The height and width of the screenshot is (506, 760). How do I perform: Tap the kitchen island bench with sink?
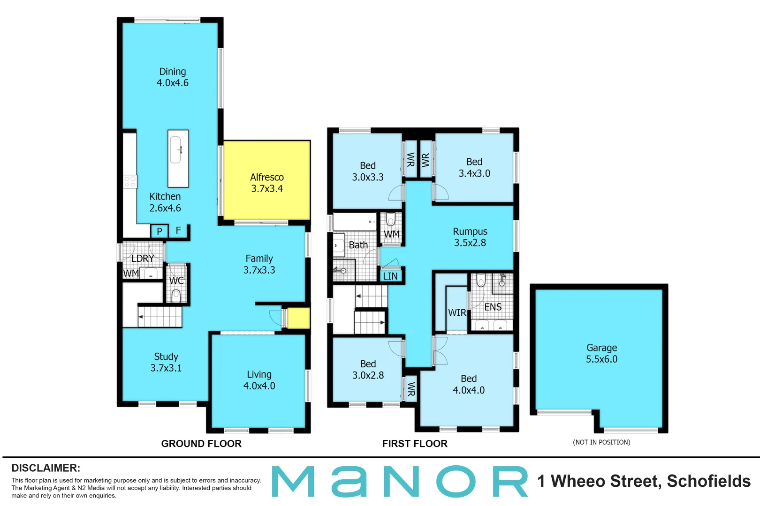pos(178,158)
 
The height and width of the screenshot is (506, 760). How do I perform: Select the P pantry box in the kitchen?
pos(160,231)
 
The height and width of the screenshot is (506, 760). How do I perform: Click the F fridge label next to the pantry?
pos(178,231)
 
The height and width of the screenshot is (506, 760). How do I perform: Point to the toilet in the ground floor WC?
pos(176,295)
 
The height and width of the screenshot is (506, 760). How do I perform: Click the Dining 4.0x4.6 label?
pos(173,77)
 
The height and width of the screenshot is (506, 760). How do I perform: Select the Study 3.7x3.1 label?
pos(166,362)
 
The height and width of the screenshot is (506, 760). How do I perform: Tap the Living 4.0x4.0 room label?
pos(259,380)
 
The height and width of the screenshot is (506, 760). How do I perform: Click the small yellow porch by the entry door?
pos(298,318)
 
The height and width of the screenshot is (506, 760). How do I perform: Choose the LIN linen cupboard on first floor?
pos(390,276)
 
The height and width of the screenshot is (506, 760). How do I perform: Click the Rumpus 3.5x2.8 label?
pos(470,237)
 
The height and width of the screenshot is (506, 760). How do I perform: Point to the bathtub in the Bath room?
pos(354,222)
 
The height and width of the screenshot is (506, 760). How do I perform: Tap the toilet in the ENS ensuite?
pos(480,281)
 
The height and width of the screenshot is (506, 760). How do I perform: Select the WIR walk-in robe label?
pos(457,313)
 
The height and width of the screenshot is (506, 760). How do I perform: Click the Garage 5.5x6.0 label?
pos(601,353)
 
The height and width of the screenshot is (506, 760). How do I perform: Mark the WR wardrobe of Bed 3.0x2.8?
pos(411,388)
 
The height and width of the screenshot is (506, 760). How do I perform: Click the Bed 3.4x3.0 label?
pos(474,167)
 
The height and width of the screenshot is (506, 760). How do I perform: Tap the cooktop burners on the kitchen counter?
pos(130,182)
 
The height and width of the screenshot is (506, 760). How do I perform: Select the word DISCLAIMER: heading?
pos(46,468)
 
